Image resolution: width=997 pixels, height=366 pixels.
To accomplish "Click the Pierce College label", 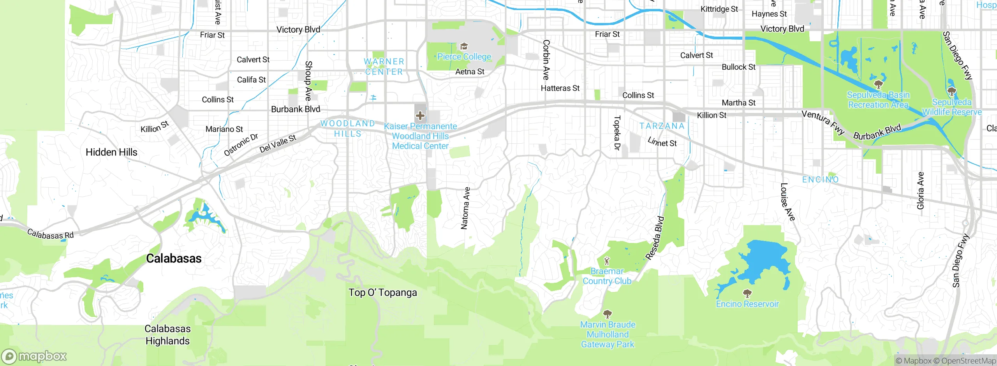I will point(464,57).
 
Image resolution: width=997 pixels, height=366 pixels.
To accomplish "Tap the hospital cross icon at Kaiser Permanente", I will point(420,116).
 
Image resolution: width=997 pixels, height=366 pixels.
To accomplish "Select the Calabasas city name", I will point(174,259).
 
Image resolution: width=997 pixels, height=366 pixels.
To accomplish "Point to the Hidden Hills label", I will point(111,152).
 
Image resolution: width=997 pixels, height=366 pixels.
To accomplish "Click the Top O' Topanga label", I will point(382,292).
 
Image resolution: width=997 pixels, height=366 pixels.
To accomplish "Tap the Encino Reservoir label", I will point(747,304).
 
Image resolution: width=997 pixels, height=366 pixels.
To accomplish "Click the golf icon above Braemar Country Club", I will point(606,260).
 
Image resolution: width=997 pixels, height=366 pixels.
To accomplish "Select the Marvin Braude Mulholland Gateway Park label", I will point(608,334).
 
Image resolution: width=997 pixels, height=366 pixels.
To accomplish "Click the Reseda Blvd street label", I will point(655,238).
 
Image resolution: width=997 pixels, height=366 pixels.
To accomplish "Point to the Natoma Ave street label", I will point(465,208).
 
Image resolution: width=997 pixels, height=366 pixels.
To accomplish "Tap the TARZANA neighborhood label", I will point(662,126).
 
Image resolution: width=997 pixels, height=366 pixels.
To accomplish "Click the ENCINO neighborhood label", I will point(820,179).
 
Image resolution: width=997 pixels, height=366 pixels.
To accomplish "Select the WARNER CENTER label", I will point(384,67).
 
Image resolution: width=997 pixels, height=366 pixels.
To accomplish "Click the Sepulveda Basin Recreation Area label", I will point(878,100).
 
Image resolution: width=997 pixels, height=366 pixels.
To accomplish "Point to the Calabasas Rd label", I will point(50,234).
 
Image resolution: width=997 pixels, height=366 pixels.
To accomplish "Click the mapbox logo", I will point(34,356).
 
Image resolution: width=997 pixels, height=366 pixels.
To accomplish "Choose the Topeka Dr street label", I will point(617,133).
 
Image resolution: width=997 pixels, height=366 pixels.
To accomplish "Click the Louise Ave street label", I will point(787,202).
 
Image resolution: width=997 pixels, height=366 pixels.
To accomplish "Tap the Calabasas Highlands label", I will point(167,335).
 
